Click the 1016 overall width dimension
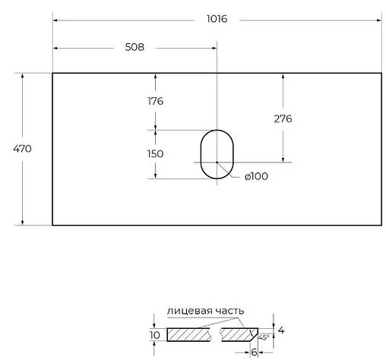217,19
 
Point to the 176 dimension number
155,101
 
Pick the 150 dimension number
155,153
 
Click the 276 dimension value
282,118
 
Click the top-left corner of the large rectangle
52,73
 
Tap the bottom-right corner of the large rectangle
381,225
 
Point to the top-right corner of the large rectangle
381,73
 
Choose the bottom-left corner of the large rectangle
52,225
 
